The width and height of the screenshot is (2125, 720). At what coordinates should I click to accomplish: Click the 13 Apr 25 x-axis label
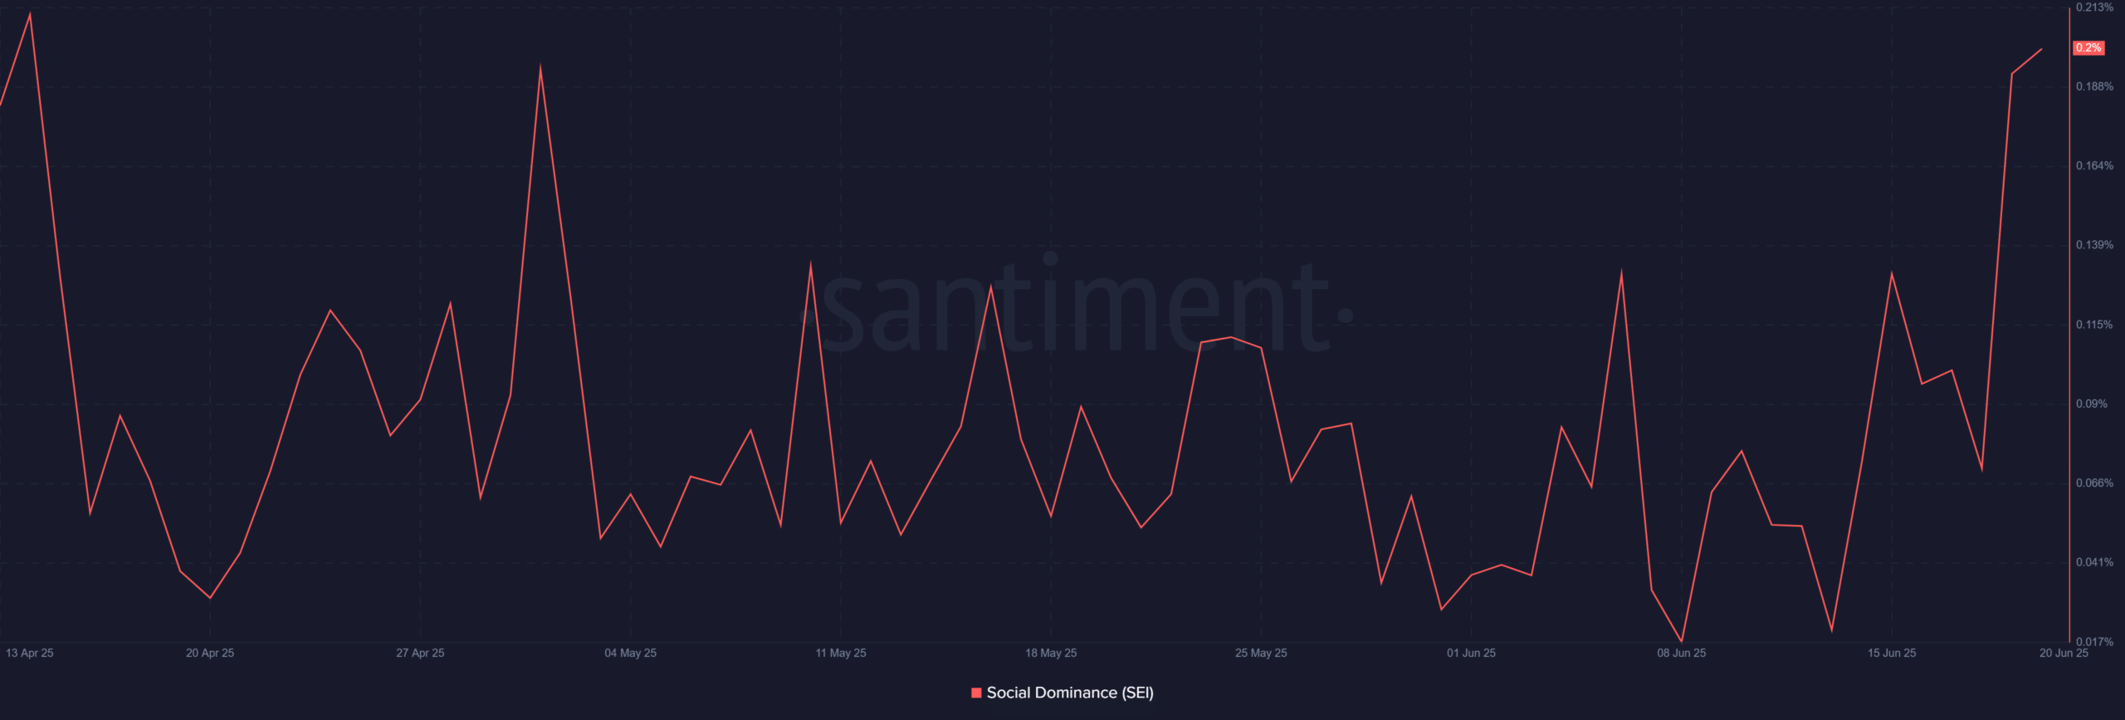[30, 653]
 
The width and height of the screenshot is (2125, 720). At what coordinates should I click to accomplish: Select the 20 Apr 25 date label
[210, 653]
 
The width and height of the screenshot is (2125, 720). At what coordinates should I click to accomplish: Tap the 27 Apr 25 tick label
[420, 653]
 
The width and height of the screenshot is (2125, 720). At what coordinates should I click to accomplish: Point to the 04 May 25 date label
[630, 653]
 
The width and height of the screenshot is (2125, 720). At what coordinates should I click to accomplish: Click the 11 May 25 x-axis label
[840, 653]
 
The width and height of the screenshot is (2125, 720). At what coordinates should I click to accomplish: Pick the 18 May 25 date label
[1051, 653]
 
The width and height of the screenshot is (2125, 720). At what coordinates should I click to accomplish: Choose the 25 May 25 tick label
[1261, 653]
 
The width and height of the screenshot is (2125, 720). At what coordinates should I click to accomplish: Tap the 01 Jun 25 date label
[1471, 653]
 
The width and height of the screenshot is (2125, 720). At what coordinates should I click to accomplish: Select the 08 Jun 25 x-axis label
[1681, 653]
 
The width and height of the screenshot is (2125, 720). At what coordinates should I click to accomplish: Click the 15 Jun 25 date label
[1892, 653]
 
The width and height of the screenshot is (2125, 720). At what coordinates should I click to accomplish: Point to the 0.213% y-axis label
[2094, 7]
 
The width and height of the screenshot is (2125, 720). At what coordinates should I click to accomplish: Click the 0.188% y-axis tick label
[2094, 86]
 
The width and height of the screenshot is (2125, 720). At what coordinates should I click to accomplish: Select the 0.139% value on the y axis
[2094, 245]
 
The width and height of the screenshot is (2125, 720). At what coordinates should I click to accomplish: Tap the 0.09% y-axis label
[2091, 404]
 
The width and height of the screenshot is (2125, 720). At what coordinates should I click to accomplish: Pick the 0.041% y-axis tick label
[2094, 562]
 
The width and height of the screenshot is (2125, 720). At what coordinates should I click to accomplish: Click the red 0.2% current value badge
[2088, 48]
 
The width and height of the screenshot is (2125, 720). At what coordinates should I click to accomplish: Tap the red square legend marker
[976, 693]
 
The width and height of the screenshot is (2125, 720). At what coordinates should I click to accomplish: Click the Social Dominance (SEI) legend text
[1070, 693]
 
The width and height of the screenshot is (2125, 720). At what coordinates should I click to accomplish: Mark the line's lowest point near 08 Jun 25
[1682, 641]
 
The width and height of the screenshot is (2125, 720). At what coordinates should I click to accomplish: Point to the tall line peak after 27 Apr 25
[540, 68]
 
